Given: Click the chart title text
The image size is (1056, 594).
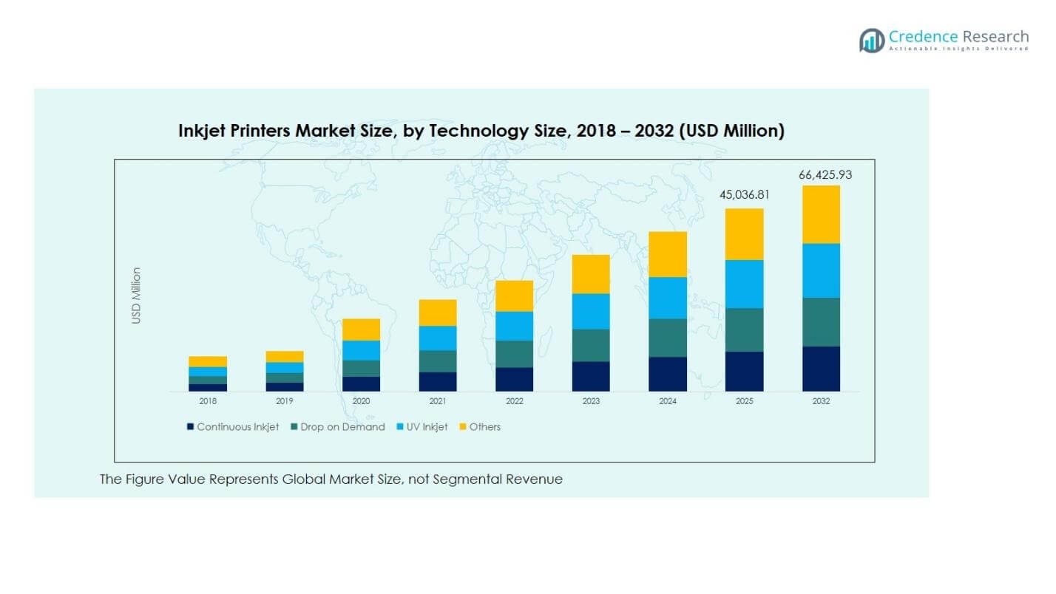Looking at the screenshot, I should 481,131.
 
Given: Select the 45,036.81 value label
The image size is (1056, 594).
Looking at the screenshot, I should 744,196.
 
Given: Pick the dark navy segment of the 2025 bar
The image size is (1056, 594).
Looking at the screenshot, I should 744,371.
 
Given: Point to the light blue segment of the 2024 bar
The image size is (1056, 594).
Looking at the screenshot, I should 668,298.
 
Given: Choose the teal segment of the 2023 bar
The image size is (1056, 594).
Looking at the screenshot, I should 591,345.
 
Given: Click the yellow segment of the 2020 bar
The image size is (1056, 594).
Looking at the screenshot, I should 361,330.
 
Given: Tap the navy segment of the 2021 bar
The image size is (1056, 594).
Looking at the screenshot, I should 438,381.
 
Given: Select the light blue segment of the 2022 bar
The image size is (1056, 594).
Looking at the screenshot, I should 514,326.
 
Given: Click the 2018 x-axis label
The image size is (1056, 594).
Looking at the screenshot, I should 208,401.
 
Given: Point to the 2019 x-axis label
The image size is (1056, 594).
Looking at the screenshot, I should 285,401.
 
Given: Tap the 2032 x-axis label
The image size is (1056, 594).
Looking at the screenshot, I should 821,401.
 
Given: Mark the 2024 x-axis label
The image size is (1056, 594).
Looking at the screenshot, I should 668,401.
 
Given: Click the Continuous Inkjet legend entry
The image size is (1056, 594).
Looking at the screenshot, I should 233,427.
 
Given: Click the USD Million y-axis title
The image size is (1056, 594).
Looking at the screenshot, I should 136,296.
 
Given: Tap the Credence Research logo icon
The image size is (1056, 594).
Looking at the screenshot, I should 872,40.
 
